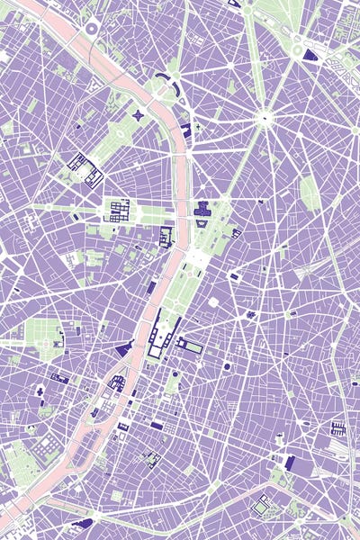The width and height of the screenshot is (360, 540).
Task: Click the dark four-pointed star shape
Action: [x=139, y=115]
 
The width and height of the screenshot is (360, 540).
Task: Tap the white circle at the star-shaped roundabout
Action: [x=264, y=115]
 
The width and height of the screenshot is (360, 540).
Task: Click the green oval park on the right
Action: [x=310, y=192]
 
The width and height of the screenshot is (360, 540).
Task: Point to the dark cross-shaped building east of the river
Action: [x=202, y=211]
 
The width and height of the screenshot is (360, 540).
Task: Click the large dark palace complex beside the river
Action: [x=163, y=335]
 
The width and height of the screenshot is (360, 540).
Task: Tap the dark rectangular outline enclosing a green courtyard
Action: [x=191, y=346]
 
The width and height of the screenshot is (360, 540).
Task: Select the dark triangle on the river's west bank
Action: [x=124, y=348]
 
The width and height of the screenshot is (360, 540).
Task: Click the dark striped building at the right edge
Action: [x=338, y=427]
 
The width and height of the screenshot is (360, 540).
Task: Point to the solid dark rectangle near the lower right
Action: [x=290, y=463]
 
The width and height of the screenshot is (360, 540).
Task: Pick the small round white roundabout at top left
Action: [x=91, y=29]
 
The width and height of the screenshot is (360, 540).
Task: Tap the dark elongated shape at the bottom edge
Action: [x=83, y=522]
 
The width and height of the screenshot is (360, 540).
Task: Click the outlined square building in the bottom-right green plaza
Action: [x=260, y=508]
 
